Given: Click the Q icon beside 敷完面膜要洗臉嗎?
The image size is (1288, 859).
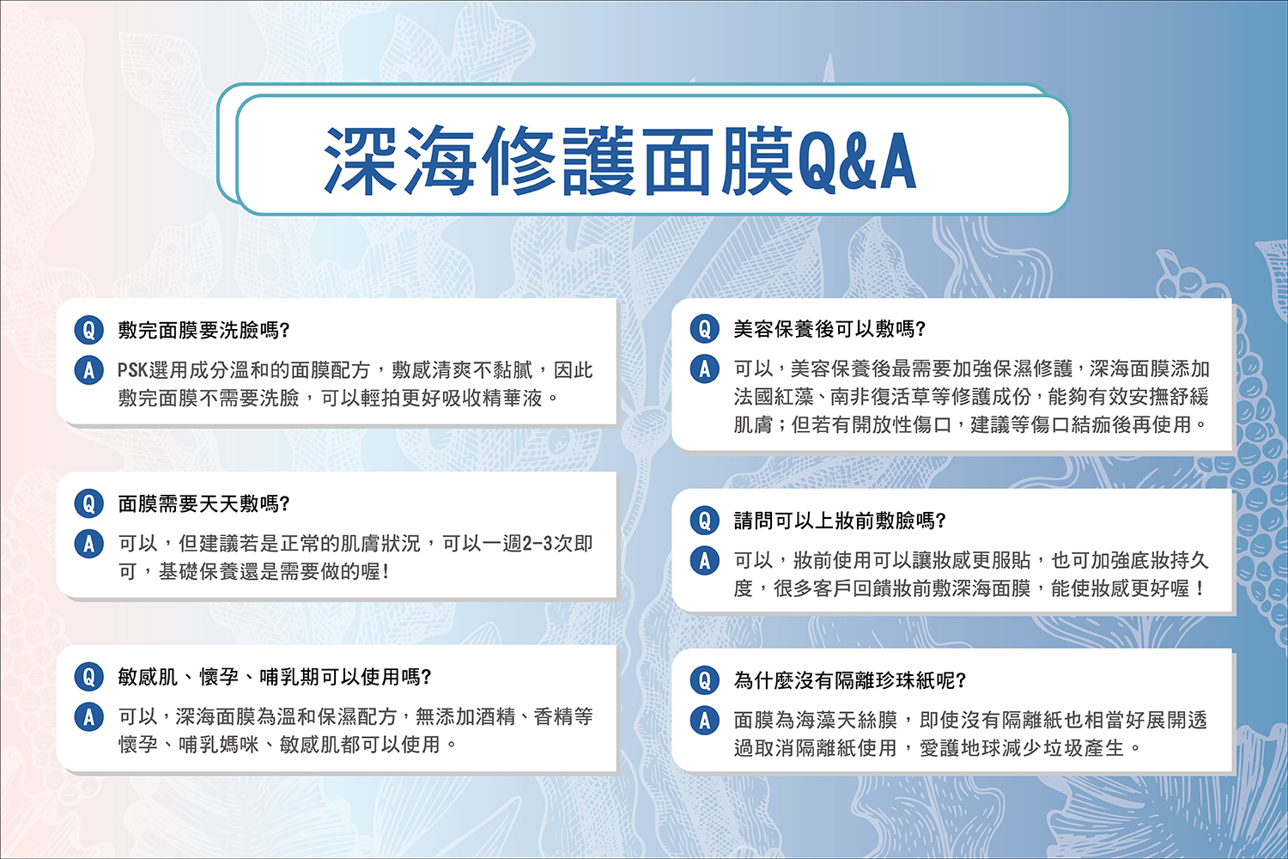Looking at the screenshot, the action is click(89, 330).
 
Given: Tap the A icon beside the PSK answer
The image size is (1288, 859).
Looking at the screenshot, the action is click(89, 370).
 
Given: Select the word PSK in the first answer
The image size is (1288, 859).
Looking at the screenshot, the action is click(132, 370).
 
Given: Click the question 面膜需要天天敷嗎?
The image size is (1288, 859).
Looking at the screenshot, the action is click(204, 504).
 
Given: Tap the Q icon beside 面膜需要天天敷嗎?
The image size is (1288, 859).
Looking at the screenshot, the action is click(89, 503).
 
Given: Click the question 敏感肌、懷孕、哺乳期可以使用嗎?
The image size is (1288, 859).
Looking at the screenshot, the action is click(275, 677).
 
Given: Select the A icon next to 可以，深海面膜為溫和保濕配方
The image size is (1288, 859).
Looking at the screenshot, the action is click(89, 717).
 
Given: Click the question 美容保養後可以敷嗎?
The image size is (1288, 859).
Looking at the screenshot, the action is click(829, 329).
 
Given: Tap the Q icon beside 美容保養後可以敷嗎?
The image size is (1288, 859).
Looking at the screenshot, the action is click(705, 328).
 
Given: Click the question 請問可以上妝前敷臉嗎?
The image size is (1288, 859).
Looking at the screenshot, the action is click(840, 521).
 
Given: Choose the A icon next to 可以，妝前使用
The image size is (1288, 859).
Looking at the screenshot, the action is click(705, 560).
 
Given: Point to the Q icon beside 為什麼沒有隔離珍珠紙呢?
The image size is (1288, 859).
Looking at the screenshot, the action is click(705, 680).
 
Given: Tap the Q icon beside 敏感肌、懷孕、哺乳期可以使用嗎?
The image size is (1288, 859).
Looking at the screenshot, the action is click(89, 677).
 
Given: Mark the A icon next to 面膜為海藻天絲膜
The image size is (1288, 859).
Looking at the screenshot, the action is click(705, 721).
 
